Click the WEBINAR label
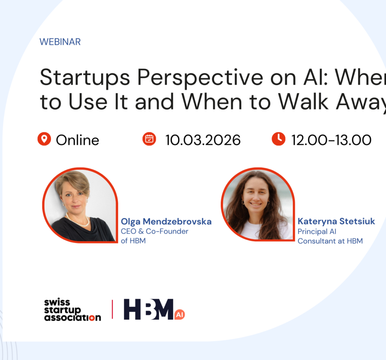[x=60, y=42]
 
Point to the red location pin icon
[x=44, y=139]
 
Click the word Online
[x=78, y=140]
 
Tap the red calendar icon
[x=149, y=139]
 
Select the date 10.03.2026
[x=203, y=140]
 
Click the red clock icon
[x=279, y=139]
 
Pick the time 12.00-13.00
[x=331, y=140]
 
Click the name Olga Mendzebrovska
[x=166, y=222]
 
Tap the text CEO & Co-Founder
[x=154, y=231]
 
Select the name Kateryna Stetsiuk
[x=336, y=222]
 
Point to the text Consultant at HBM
[x=330, y=241]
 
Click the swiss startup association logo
[x=72, y=310]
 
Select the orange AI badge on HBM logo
[x=180, y=315]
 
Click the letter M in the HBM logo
[x=162, y=309]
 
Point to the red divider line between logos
[x=112, y=309]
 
